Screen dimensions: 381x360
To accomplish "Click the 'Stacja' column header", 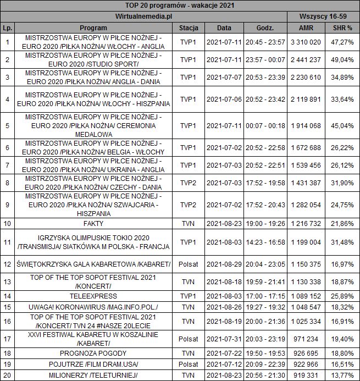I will pyautogui.click(x=188, y=27).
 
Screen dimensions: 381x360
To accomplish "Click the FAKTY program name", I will pyautogui.click(x=93, y=224).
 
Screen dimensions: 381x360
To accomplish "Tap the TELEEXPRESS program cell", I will pyautogui.click(x=93, y=296).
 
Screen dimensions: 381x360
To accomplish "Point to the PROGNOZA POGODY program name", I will pyautogui.click(x=93, y=353).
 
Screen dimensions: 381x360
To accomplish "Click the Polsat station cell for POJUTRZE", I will pyautogui.click(x=188, y=364).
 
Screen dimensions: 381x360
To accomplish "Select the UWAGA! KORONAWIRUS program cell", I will pyautogui.click(x=93, y=307).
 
